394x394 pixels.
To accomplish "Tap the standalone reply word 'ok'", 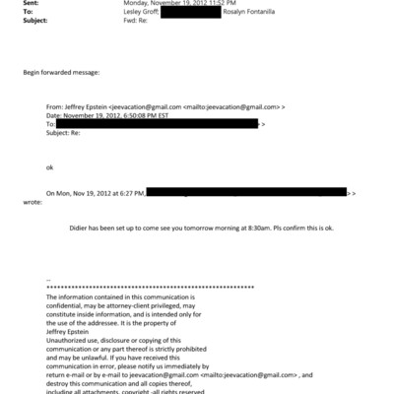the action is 50,167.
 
